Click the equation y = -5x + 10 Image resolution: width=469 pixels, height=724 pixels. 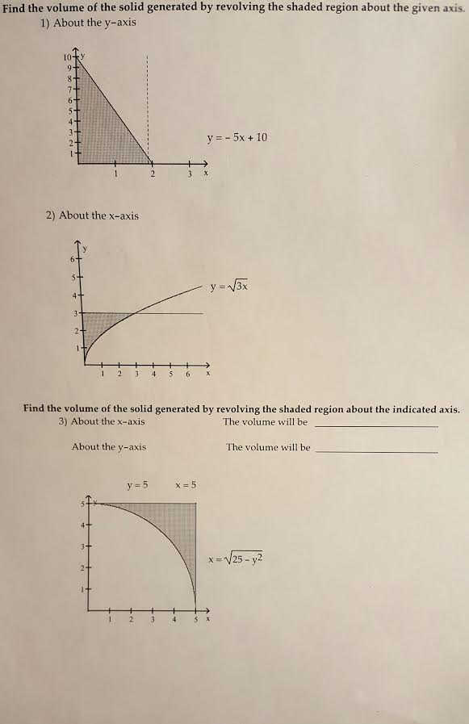click(x=237, y=137)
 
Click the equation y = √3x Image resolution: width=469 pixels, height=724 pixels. click(x=229, y=286)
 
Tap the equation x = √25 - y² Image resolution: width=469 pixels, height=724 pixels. click(x=236, y=558)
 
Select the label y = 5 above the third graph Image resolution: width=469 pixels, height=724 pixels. click(x=137, y=485)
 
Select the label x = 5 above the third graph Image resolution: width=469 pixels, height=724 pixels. click(x=185, y=485)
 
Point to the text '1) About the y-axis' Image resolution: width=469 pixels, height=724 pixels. click(x=88, y=23)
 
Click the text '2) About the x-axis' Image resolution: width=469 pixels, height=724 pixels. click(x=92, y=216)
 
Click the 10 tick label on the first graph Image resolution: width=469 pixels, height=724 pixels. click(x=66, y=56)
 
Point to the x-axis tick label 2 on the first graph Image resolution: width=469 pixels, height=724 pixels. click(x=152, y=174)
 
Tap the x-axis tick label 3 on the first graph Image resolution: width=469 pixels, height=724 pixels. click(x=189, y=174)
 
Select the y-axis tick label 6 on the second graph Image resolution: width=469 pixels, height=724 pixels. click(x=73, y=259)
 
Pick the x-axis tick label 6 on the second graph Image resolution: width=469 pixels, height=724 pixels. click(x=188, y=374)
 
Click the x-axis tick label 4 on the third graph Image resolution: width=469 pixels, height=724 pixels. click(x=174, y=620)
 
